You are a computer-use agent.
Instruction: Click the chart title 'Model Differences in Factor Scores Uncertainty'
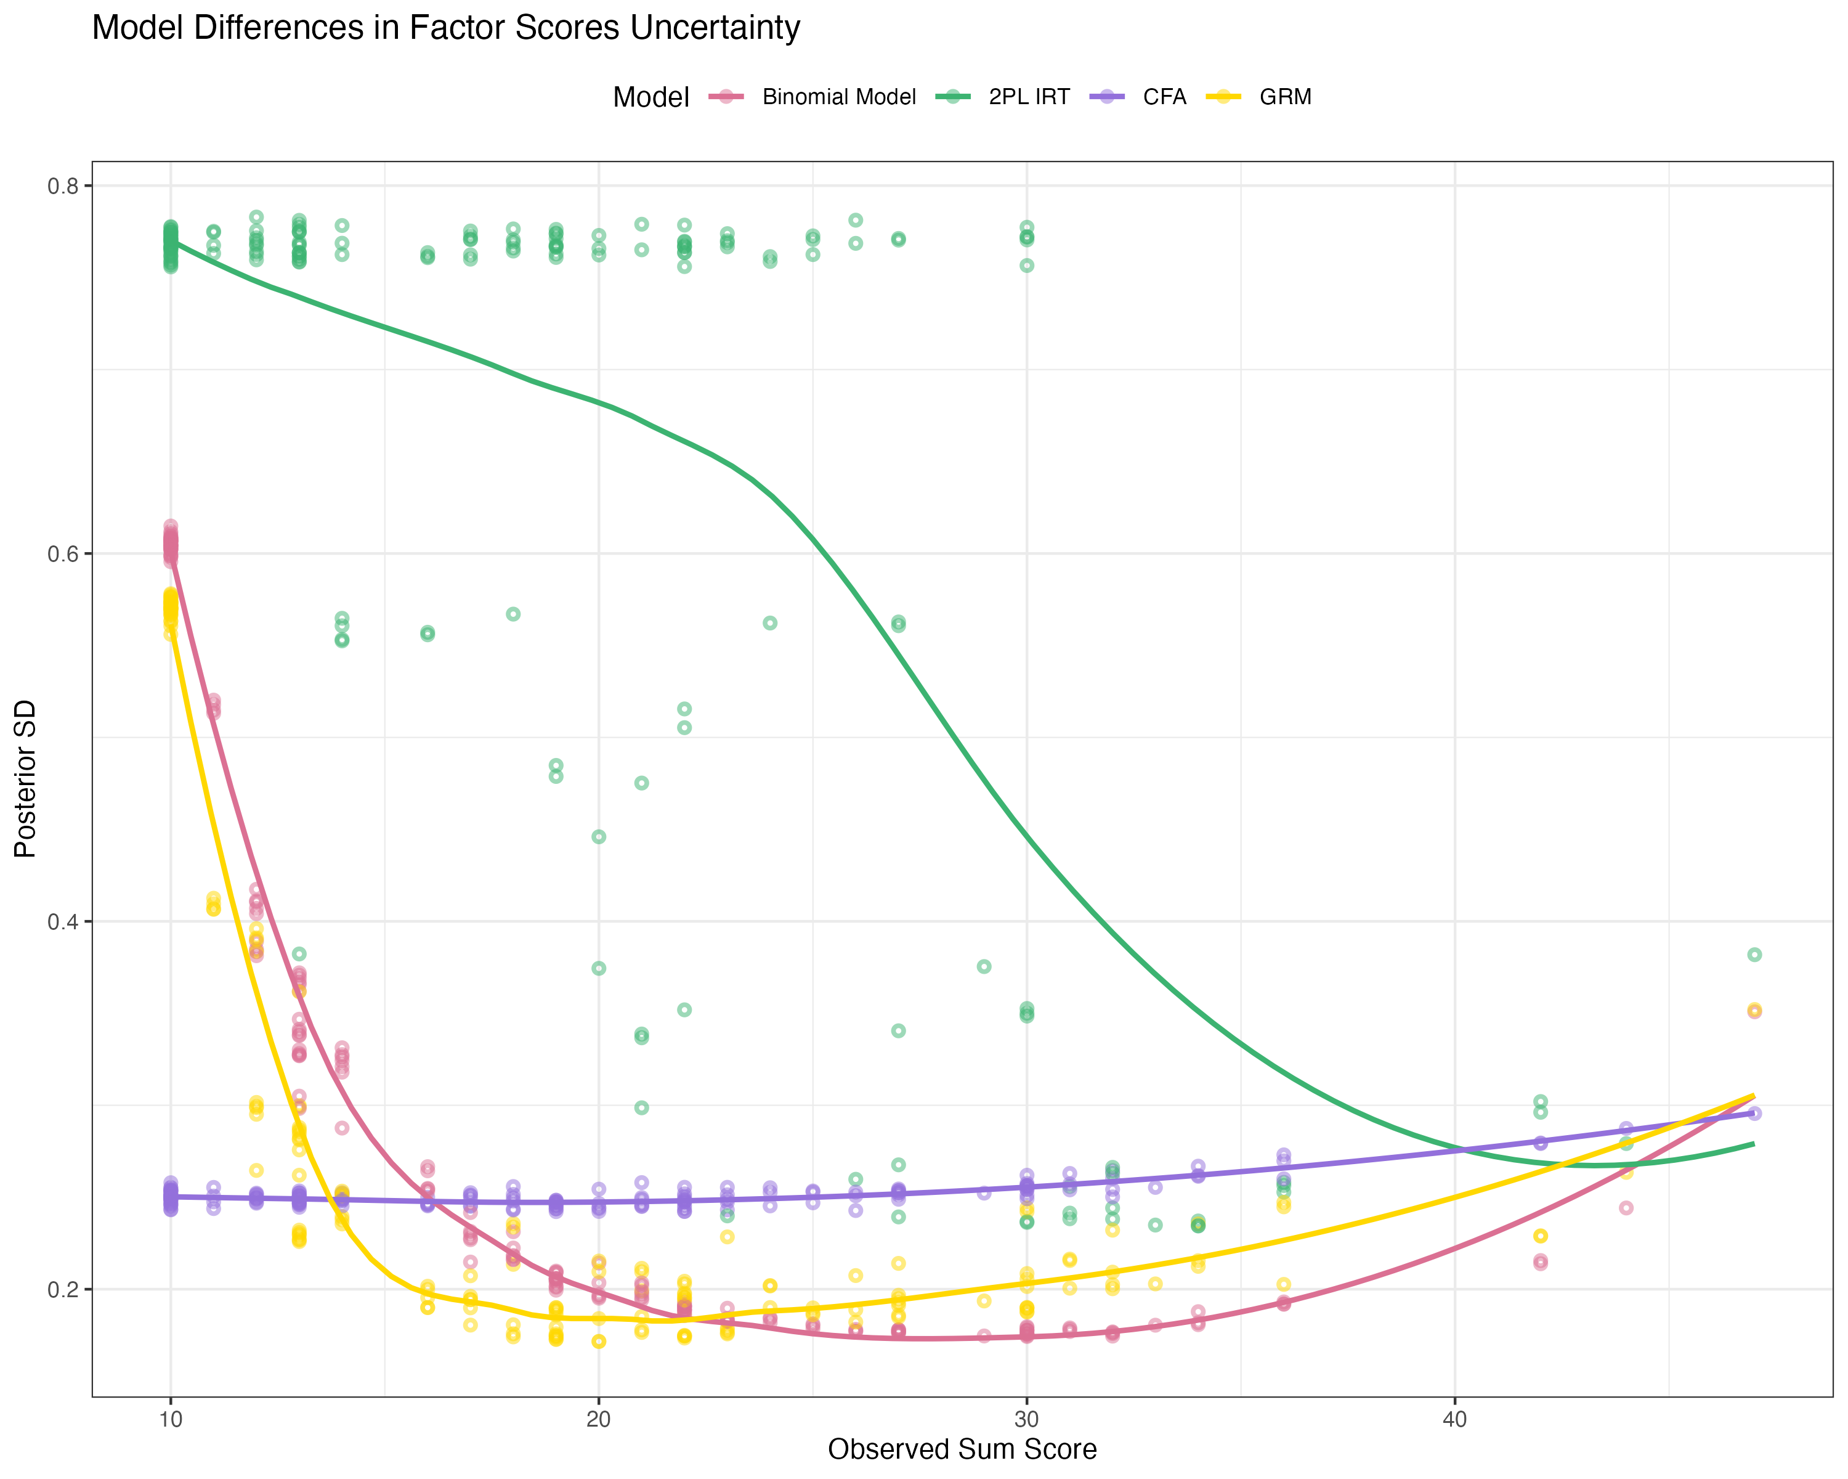click(446, 28)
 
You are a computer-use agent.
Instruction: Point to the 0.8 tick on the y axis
click(63, 186)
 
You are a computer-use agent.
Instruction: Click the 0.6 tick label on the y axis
click(63, 554)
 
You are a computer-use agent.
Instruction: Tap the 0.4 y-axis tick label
click(63, 922)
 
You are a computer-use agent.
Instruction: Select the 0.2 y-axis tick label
click(63, 1290)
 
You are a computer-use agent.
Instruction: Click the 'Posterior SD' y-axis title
click(26, 778)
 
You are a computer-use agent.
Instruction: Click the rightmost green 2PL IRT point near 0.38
click(1754, 955)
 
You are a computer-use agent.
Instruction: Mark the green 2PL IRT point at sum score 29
click(984, 967)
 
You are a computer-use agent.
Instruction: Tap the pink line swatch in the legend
click(726, 97)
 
